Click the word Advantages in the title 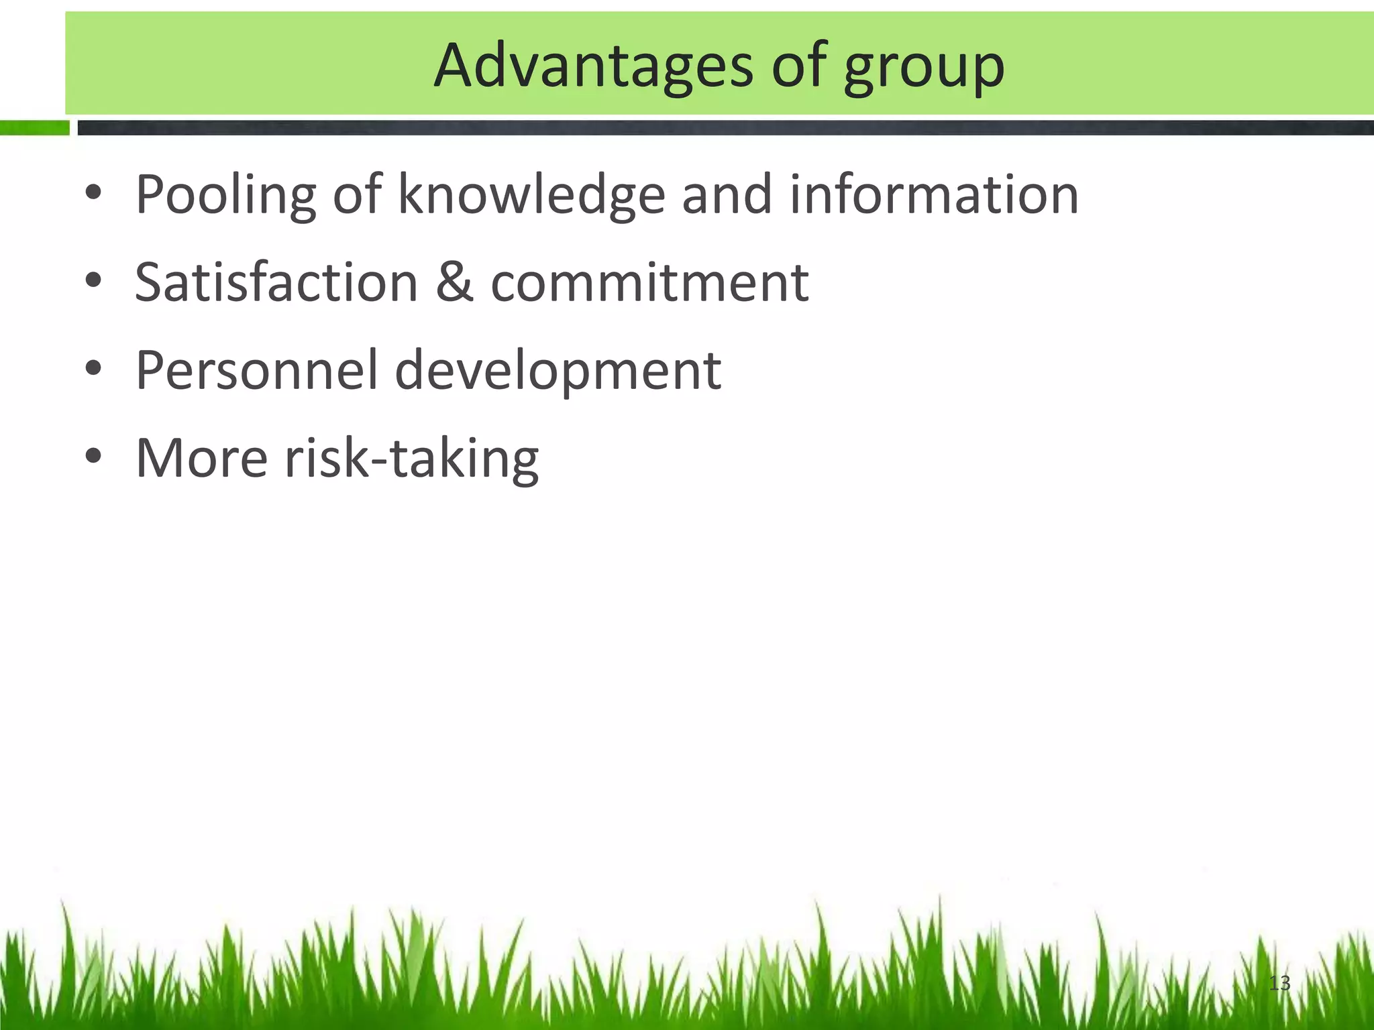[x=593, y=66]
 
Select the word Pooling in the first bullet [x=225, y=196]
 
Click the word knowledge [x=531, y=196]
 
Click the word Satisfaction [x=276, y=282]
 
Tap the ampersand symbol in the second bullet [x=454, y=282]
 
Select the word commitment [x=649, y=282]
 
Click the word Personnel [x=257, y=370]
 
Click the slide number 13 [x=1279, y=983]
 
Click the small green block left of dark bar [x=34, y=127]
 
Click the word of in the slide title [x=798, y=66]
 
